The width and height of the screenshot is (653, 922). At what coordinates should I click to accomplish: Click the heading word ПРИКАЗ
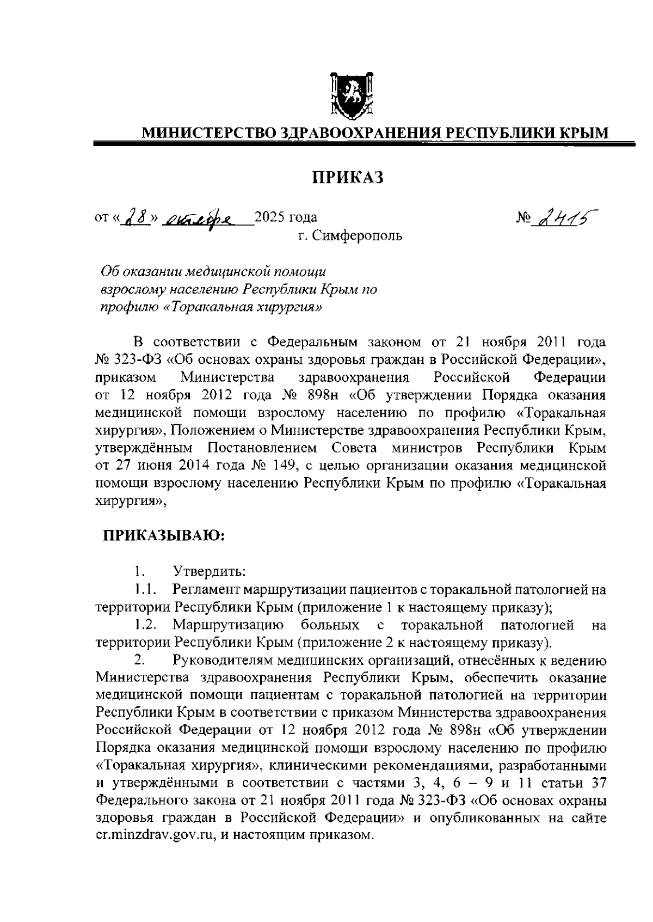[x=348, y=177]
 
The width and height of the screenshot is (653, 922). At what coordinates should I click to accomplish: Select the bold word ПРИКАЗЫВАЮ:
[x=164, y=536]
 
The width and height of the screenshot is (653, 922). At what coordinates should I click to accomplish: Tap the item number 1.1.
[x=146, y=589]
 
